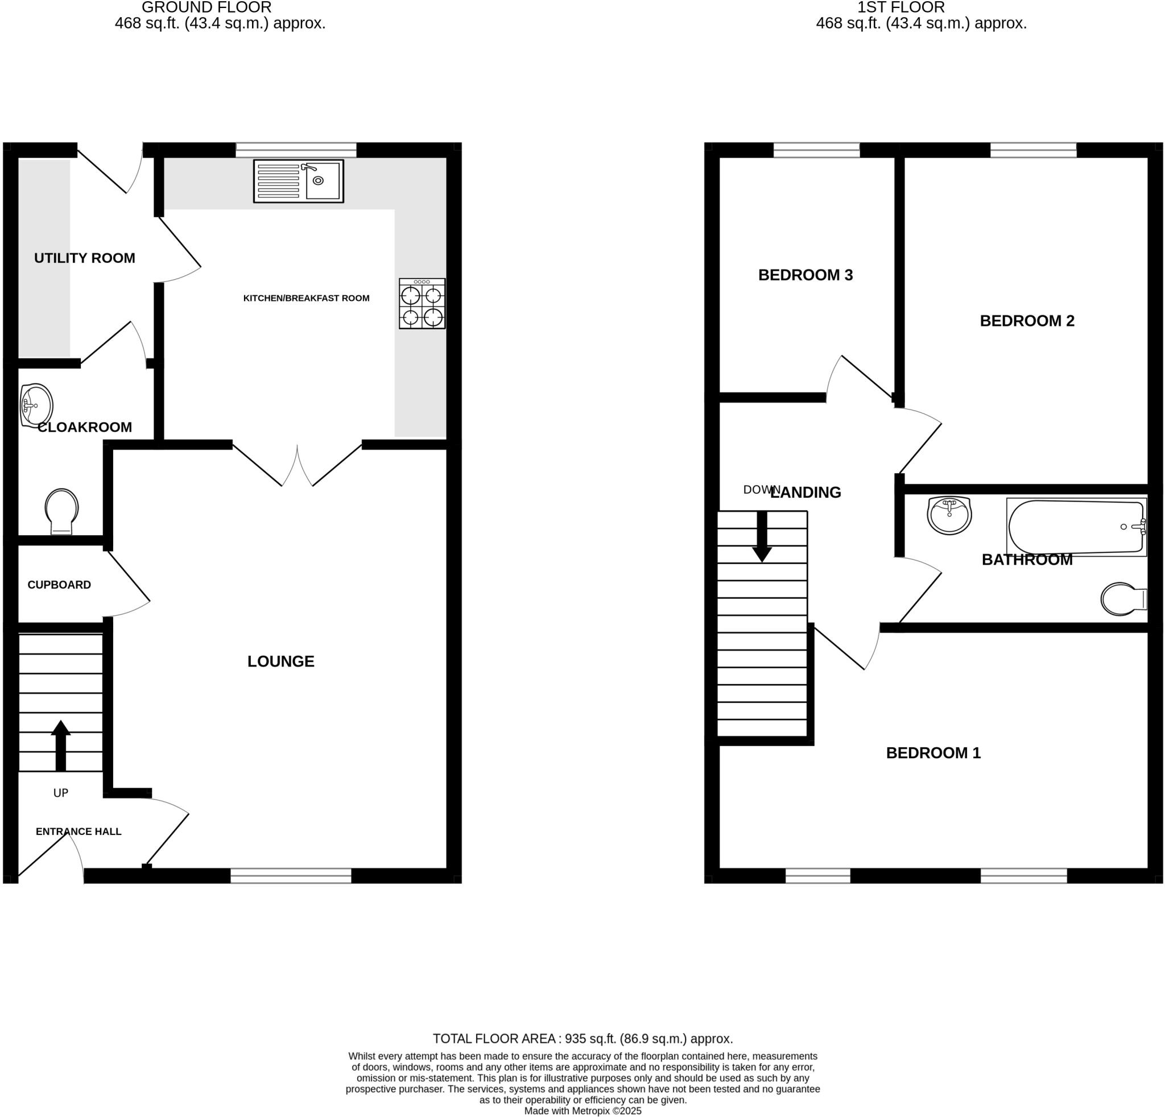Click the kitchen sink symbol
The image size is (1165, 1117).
click(299, 181)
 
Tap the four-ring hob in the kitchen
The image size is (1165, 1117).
click(422, 304)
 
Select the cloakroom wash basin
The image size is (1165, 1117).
click(36, 406)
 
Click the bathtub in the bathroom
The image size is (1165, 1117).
click(1076, 527)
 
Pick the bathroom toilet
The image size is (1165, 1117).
click(1122, 599)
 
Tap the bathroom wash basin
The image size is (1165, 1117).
click(949, 516)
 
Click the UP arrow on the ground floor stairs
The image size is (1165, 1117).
click(61, 745)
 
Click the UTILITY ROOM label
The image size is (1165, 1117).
click(84, 258)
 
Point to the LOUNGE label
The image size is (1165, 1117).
click(280, 661)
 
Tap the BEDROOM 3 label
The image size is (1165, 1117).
click(805, 275)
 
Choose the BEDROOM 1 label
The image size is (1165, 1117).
click(933, 753)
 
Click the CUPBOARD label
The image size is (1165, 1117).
click(59, 585)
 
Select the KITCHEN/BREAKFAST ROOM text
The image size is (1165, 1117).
click(306, 298)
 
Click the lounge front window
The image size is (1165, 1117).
click(291, 875)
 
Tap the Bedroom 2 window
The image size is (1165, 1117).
click(1033, 150)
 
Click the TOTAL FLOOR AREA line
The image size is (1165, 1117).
click(582, 1039)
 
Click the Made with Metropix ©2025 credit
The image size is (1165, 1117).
click(582, 1111)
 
